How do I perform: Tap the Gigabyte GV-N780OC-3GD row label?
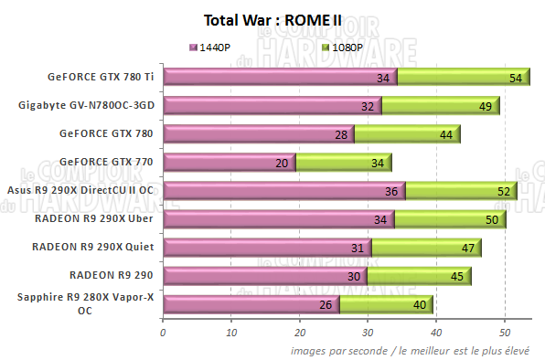pos(86,105)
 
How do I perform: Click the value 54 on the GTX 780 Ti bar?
pos(516,79)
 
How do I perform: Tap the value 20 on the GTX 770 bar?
pos(281,164)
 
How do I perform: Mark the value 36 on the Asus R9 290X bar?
pos(391,192)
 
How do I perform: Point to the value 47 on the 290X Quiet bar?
pos(466,249)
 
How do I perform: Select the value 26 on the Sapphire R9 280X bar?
pos(326,305)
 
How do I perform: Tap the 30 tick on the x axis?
pos(368,333)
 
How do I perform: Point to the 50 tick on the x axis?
pos(505,333)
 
